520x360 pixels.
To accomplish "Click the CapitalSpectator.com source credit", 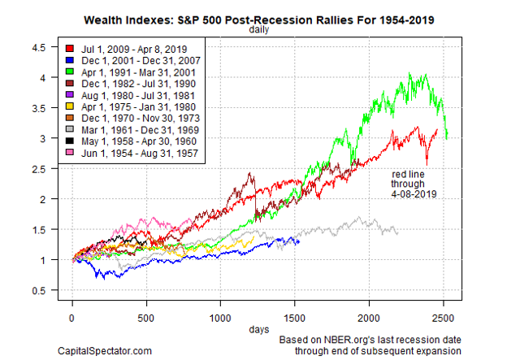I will pos(104,350).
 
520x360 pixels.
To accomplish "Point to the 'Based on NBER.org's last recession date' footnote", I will pos(370,339).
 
